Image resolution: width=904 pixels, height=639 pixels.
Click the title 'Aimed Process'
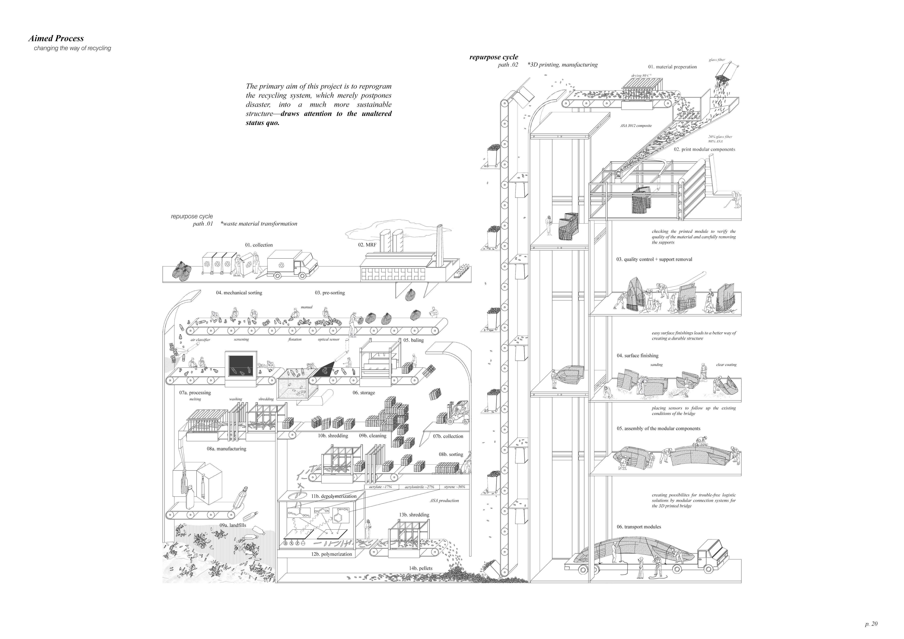tap(56, 39)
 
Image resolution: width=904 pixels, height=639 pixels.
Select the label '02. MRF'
tap(367, 245)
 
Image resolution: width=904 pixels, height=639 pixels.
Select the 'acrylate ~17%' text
tap(380, 487)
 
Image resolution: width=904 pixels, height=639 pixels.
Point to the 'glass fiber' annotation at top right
tap(716, 60)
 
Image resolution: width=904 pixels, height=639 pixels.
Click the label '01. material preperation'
tap(672, 67)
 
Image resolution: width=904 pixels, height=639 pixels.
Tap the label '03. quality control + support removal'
tap(654, 259)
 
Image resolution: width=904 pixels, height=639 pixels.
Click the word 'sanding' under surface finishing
tap(656, 365)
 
